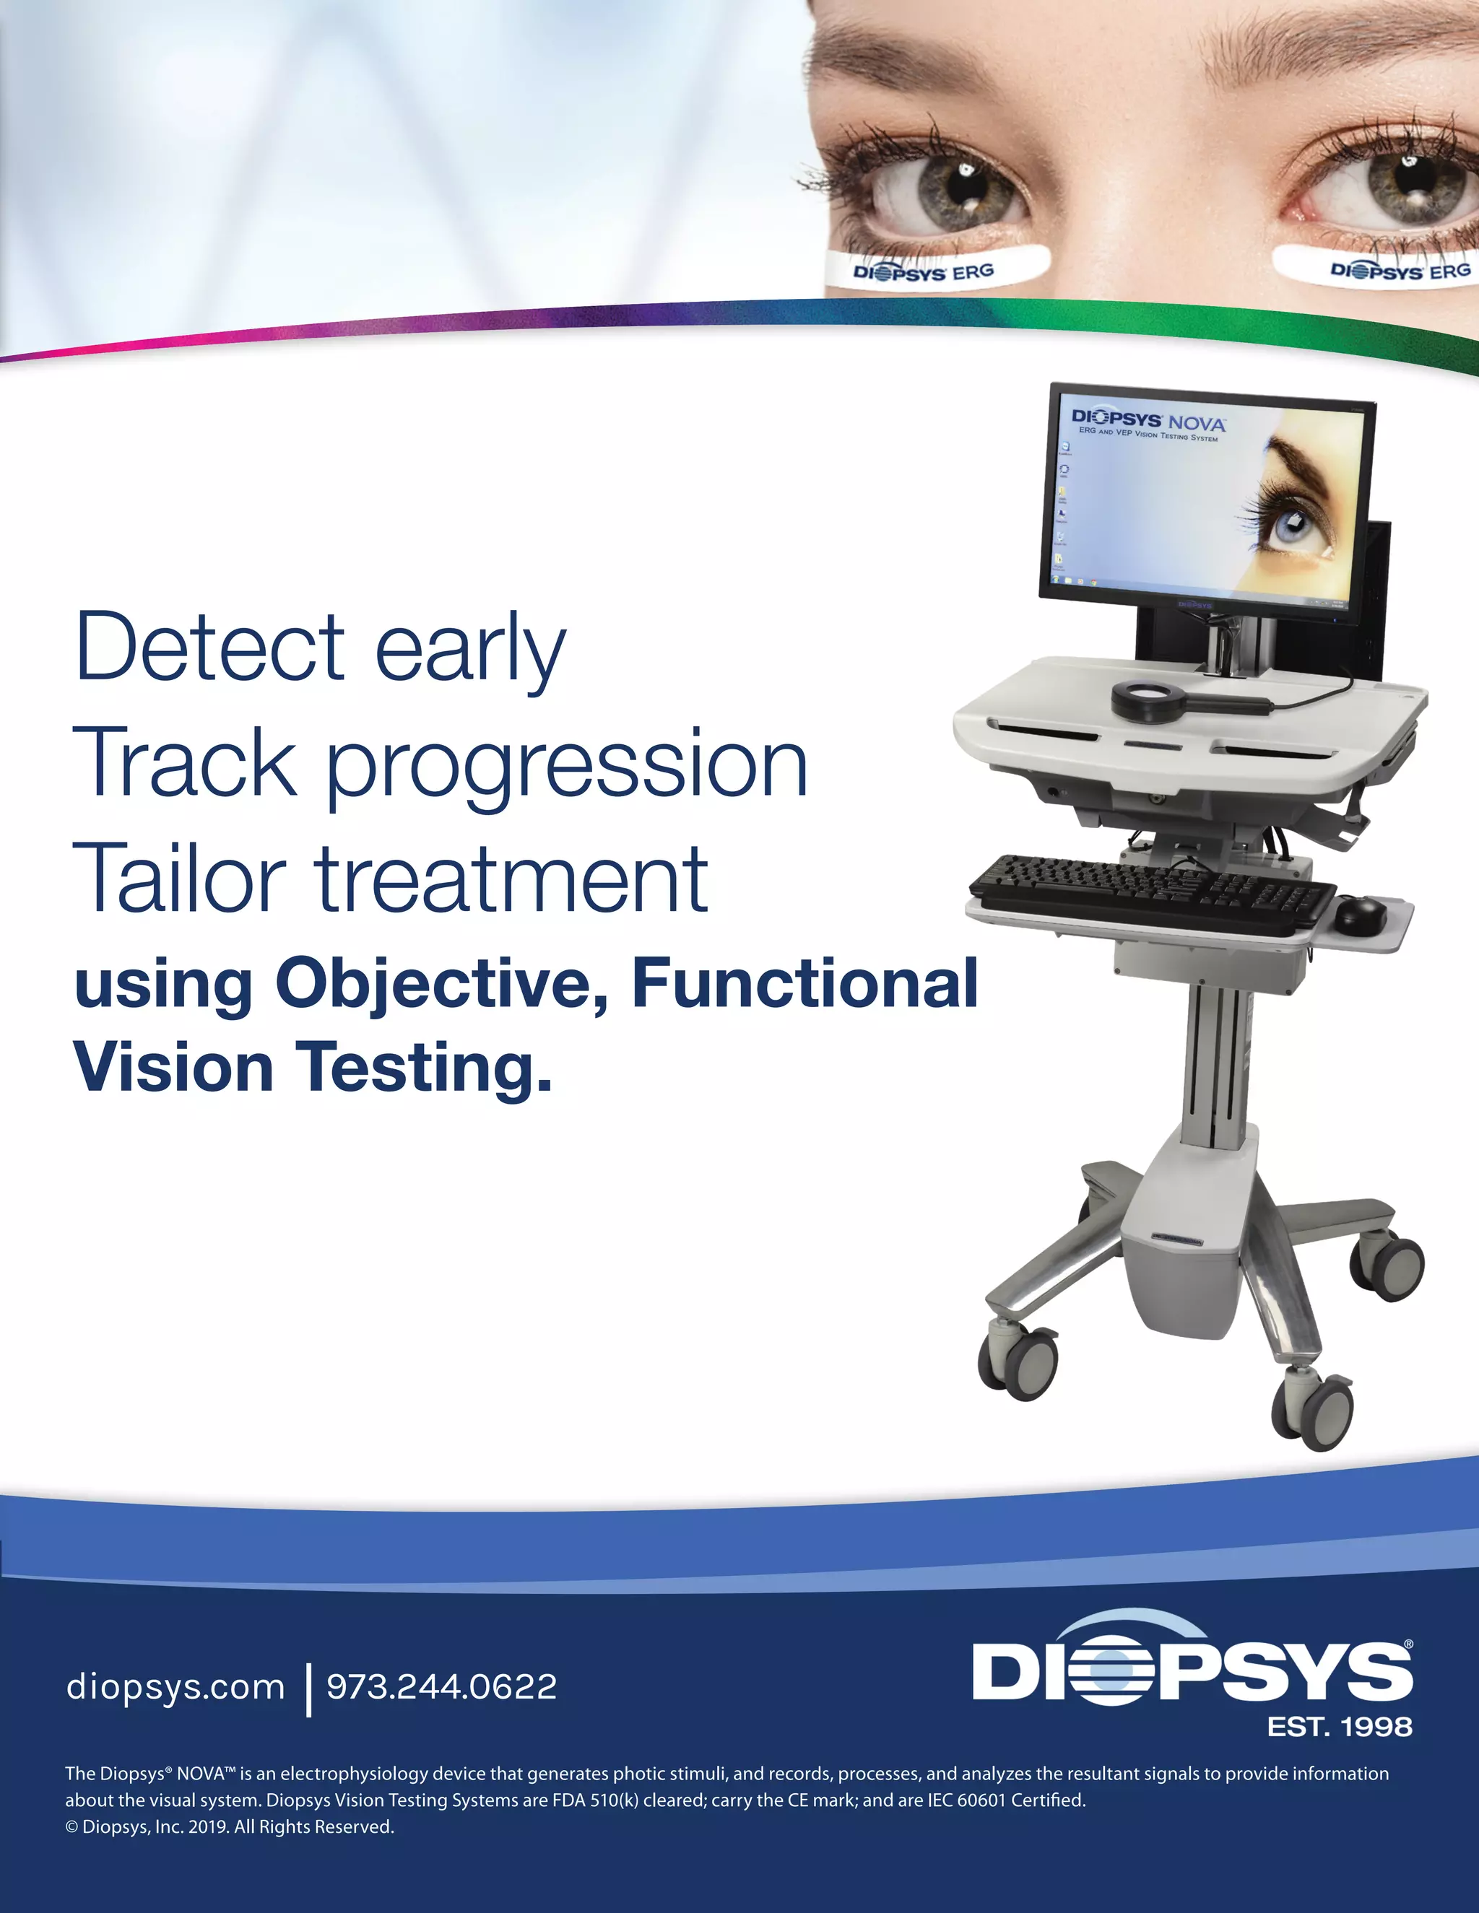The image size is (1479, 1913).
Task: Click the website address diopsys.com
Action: [x=175, y=1687]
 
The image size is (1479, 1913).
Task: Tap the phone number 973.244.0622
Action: [x=441, y=1687]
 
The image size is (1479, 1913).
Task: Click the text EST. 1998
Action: [x=1340, y=1727]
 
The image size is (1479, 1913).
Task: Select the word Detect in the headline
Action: [x=210, y=648]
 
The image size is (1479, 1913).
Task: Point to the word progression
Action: [x=567, y=764]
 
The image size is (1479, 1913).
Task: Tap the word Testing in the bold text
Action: [x=428, y=1068]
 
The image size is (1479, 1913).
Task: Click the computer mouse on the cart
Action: [x=1360, y=915]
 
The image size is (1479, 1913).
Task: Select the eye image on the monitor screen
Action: [x=1297, y=517]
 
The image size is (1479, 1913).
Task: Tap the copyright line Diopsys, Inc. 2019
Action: [x=230, y=1827]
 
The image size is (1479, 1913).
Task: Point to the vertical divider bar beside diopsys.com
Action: [x=308, y=1690]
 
